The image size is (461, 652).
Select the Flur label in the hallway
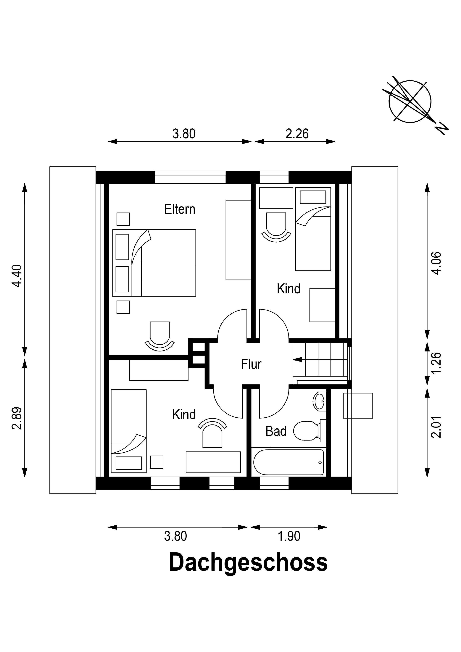(251, 364)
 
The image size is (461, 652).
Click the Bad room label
(276, 431)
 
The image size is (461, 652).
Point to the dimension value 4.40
(18, 276)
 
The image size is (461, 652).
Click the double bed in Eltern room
(154, 263)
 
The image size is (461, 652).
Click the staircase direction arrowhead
(297, 359)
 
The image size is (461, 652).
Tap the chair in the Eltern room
(160, 337)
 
